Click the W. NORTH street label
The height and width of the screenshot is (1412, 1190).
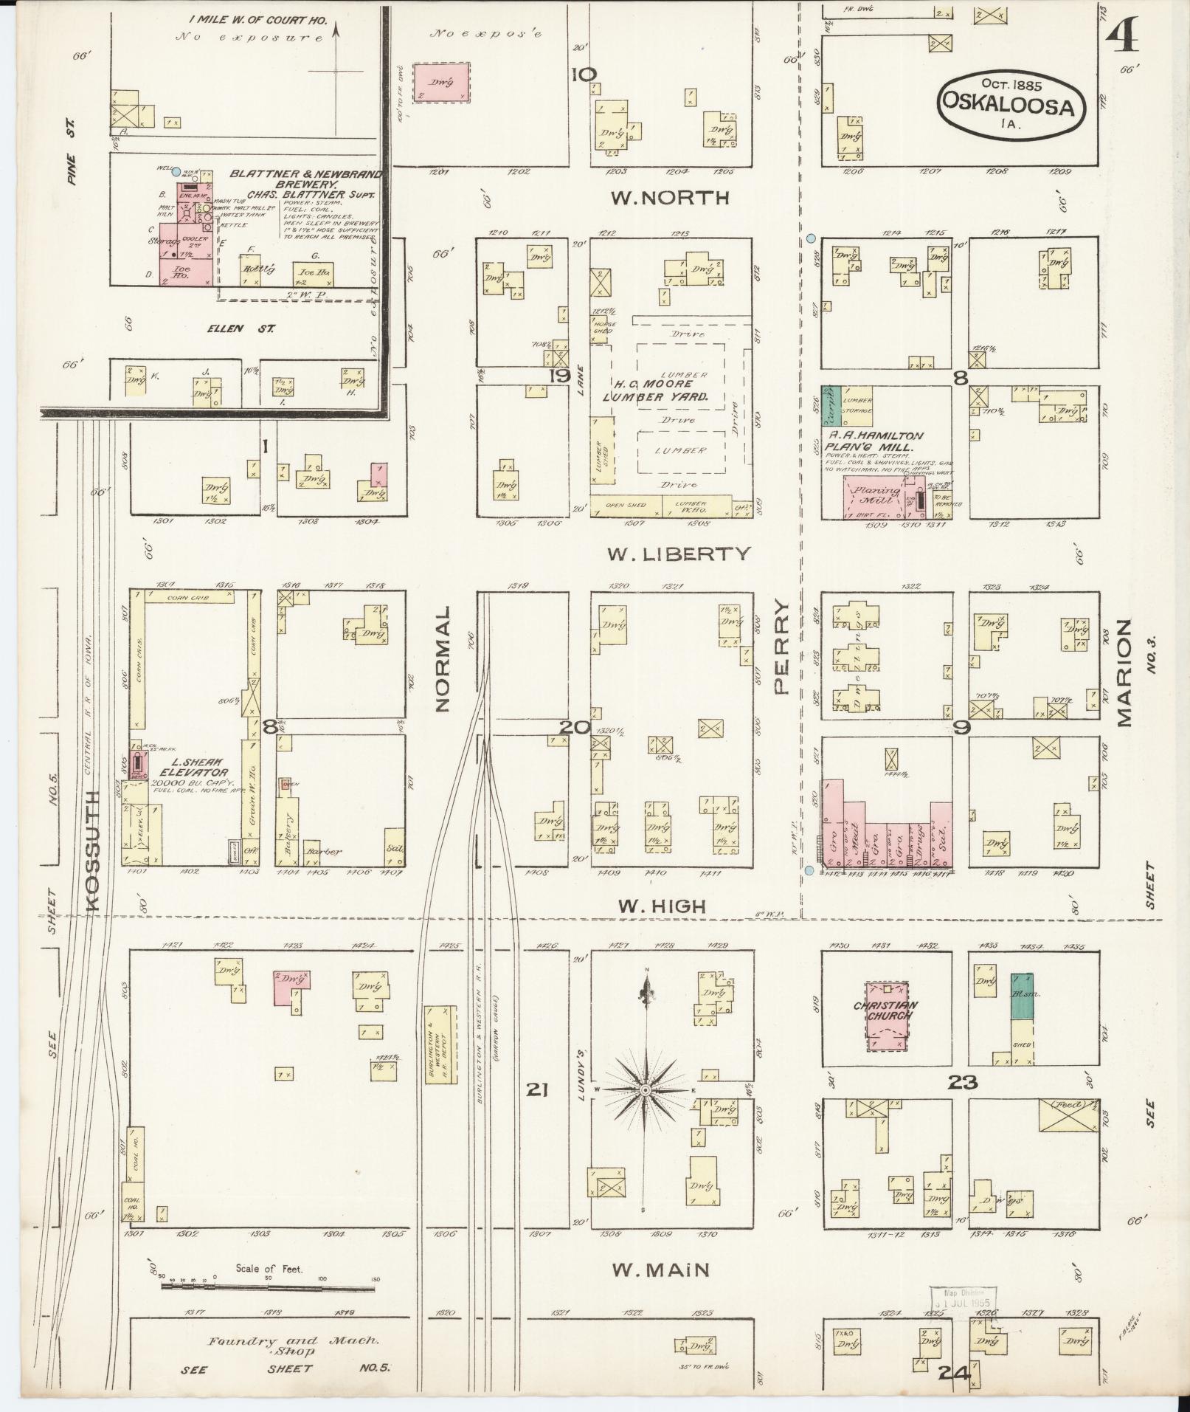coord(670,198)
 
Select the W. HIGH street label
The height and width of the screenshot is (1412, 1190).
coord(663,906)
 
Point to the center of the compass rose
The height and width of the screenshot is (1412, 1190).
coord(646,1089)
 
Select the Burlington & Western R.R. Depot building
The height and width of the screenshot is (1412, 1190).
coord(440,1044)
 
